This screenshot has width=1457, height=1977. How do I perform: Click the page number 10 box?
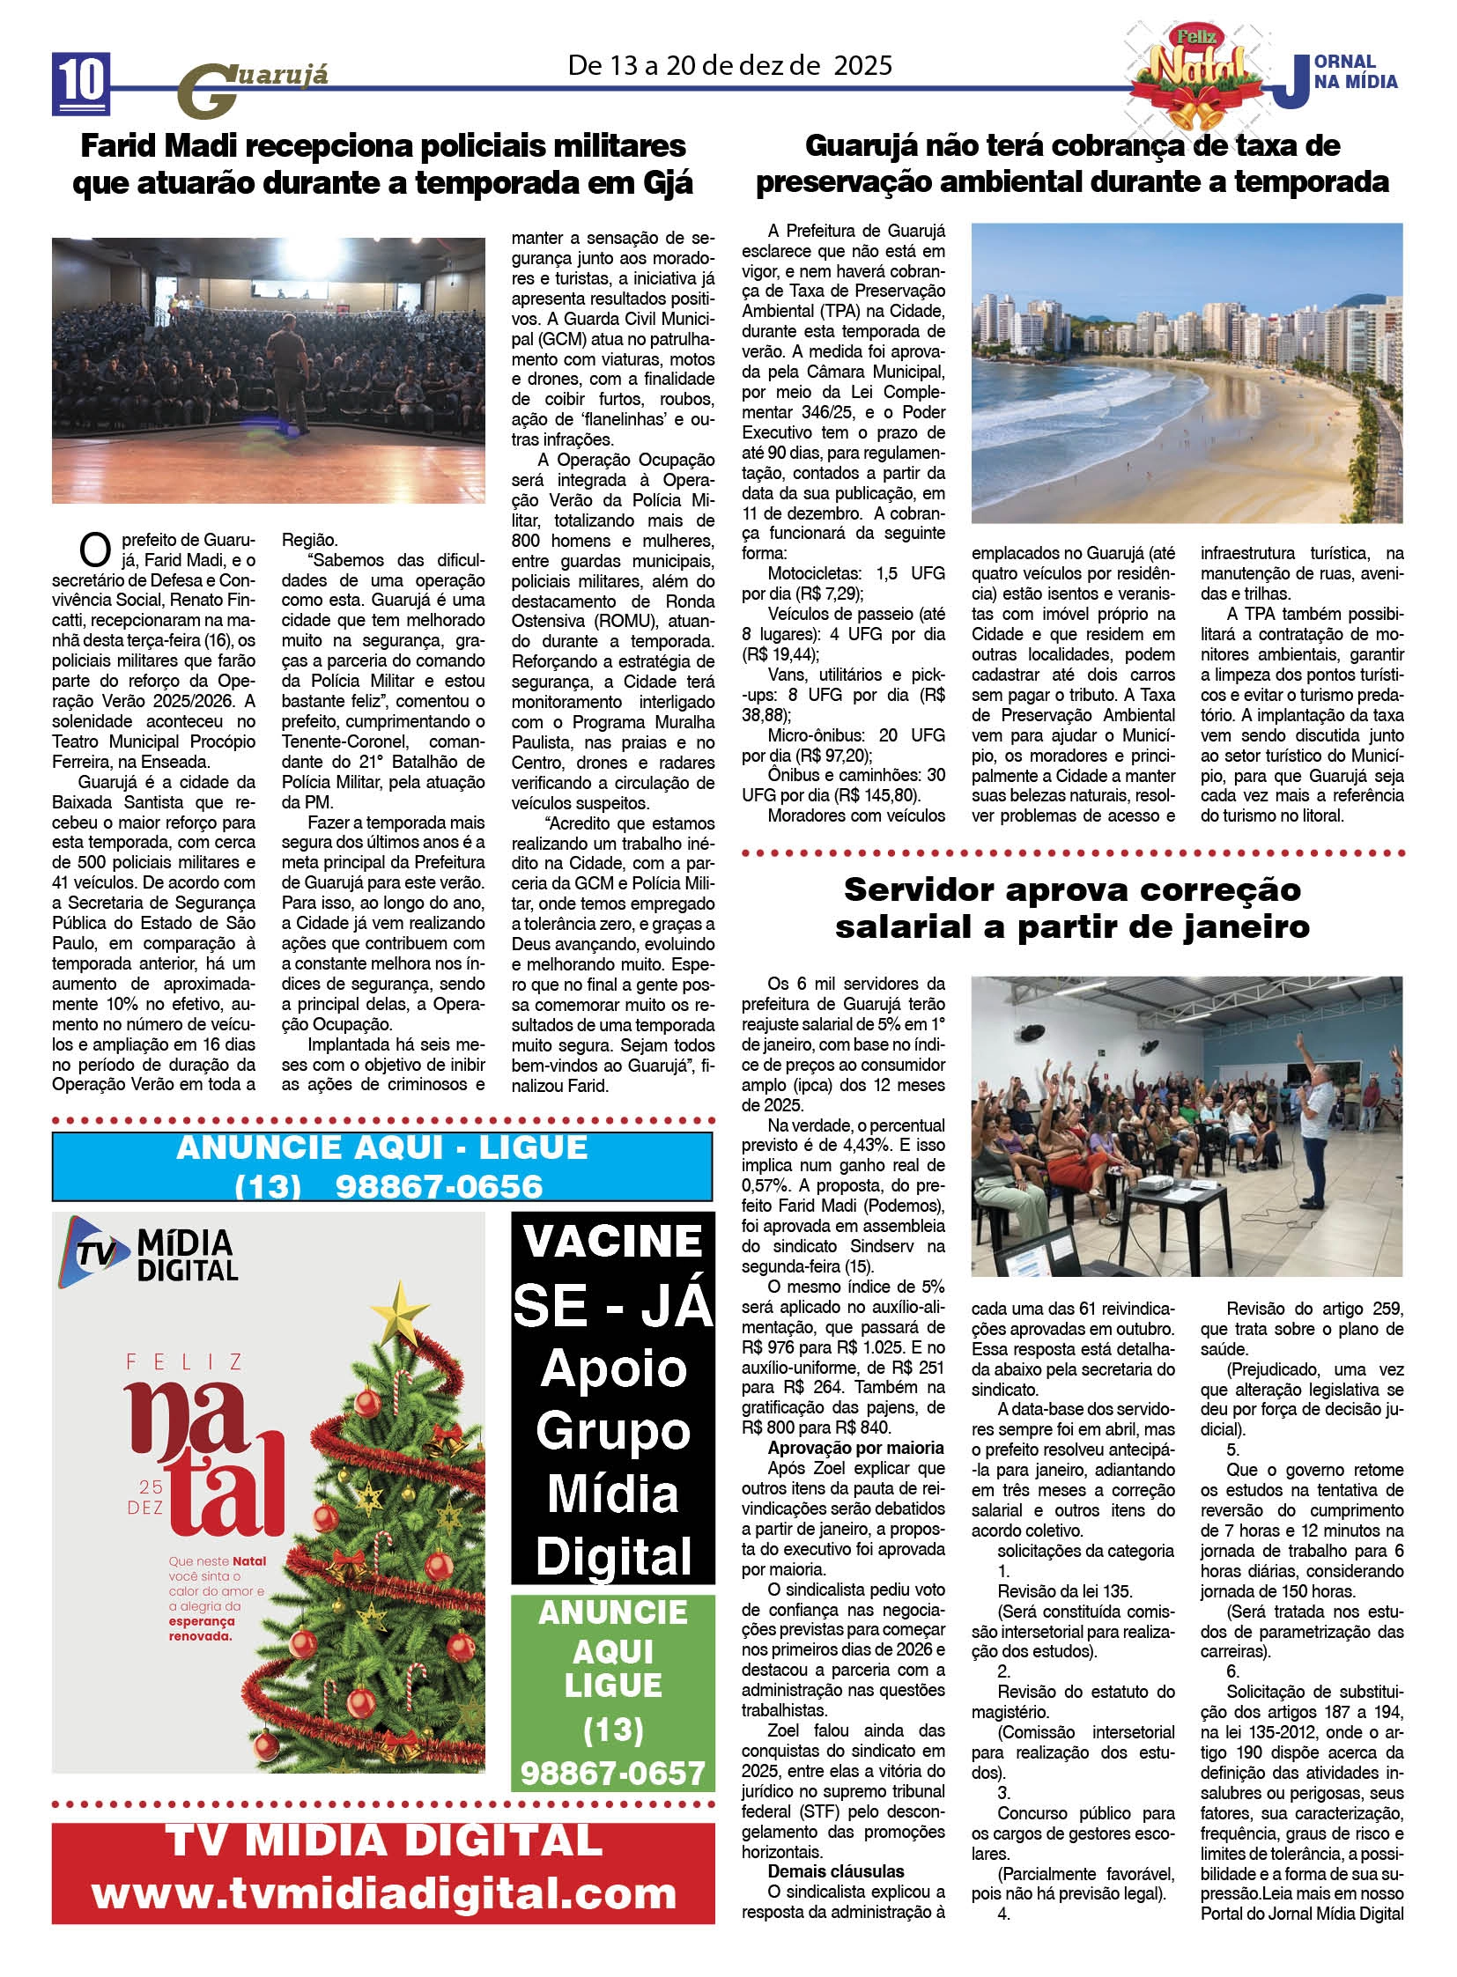point(81,83)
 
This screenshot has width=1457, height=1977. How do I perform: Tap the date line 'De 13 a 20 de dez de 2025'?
point(729,65)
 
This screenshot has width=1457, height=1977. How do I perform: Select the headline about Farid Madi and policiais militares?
point(383,164)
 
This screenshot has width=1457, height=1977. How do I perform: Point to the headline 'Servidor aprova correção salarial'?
point(1071,907)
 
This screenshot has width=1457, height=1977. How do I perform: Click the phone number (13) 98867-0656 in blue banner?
point(388,1186)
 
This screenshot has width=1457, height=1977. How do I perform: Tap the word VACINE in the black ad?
point(613,1243)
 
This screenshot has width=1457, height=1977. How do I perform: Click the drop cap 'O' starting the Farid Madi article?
point(93,550)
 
